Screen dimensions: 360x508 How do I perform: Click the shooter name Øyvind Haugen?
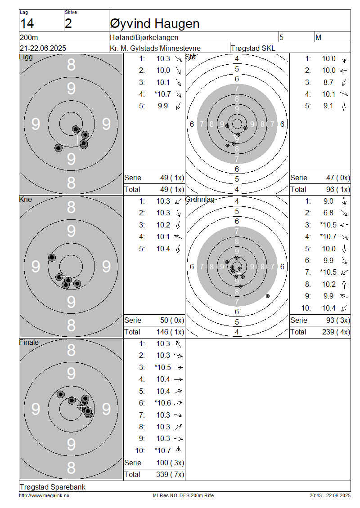coord(155,24)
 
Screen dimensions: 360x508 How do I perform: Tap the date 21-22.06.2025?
coord(43,48)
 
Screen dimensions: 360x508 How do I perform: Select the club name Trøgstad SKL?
coord(253,48)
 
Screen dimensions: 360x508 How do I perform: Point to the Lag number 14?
coord(27,24)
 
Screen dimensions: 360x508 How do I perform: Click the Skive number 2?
coord(68,24)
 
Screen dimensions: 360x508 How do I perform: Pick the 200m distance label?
coord(29,37)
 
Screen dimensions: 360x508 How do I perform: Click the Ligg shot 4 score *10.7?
coord(163,94)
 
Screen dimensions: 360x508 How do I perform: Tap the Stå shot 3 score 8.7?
coord(328,82)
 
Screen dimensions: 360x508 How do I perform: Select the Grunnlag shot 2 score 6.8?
coord(328,213)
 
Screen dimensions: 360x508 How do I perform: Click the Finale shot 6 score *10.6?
coord(163,403)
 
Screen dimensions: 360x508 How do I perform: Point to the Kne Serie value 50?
coord(164,321)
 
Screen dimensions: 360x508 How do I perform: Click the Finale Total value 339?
coord(162,475)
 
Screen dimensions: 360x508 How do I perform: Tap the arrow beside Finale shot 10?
coord(178,450)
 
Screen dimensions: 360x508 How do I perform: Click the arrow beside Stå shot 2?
coord(344,70)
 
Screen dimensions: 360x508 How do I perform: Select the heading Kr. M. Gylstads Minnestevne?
coord(155,48)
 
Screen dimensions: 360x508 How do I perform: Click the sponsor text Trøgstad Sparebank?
coord(53,487)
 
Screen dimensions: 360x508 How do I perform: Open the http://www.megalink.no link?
coord(44,495)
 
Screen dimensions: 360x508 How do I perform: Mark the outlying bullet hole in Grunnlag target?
coord(268,296)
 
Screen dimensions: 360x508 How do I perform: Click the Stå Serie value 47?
coord(330,178)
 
